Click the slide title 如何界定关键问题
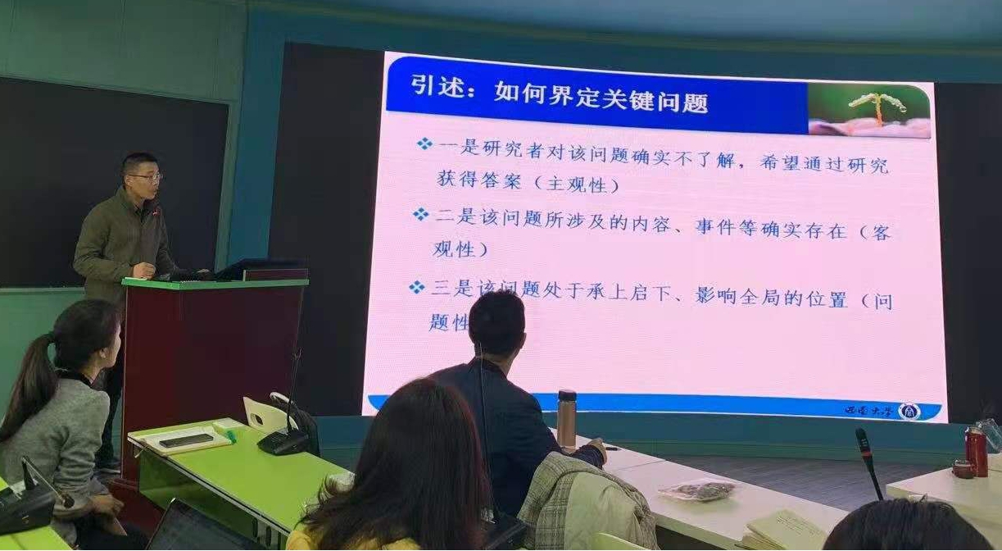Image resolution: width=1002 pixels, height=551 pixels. pyautogui.click(x=601, y=102)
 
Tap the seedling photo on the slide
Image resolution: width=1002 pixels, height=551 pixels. pyautogui.click(x=869, y=111)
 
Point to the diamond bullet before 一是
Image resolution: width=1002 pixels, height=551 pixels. pyautogui.click(x=424, y=144)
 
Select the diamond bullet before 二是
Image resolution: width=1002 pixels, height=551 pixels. pyautogui.click(x=421, y=215)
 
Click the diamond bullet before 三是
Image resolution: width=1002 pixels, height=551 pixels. pyautogui.click(x=418, y=287)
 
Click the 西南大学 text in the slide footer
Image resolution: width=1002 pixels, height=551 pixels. pyautogui.click(x=868, y=410)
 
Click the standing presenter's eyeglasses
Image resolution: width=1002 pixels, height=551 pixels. pyautogui.click(x=145, y=177)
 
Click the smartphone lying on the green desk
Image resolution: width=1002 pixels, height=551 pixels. pyautogui.click(x=186, y=441)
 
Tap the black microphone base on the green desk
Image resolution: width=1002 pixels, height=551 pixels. pyautogui.click(x=283, y=442)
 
